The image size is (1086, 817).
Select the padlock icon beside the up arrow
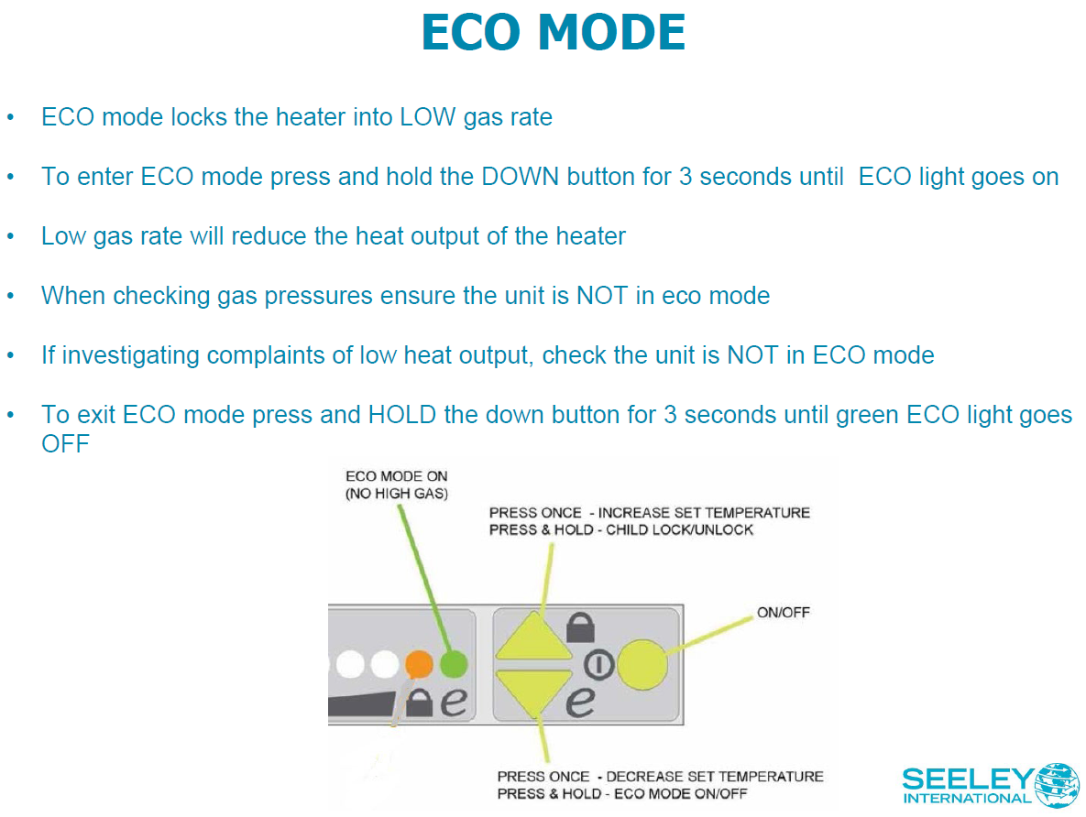[580, 627]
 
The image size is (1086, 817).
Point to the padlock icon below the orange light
[419, 703]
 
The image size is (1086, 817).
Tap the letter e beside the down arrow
[579, 702]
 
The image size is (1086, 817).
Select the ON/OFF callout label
[784, 612]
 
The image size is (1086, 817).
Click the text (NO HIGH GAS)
[397, 495]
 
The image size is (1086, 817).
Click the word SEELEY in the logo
[966, 779]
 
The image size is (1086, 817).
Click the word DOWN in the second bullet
[520, 177]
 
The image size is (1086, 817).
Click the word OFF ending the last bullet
[65, 444]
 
